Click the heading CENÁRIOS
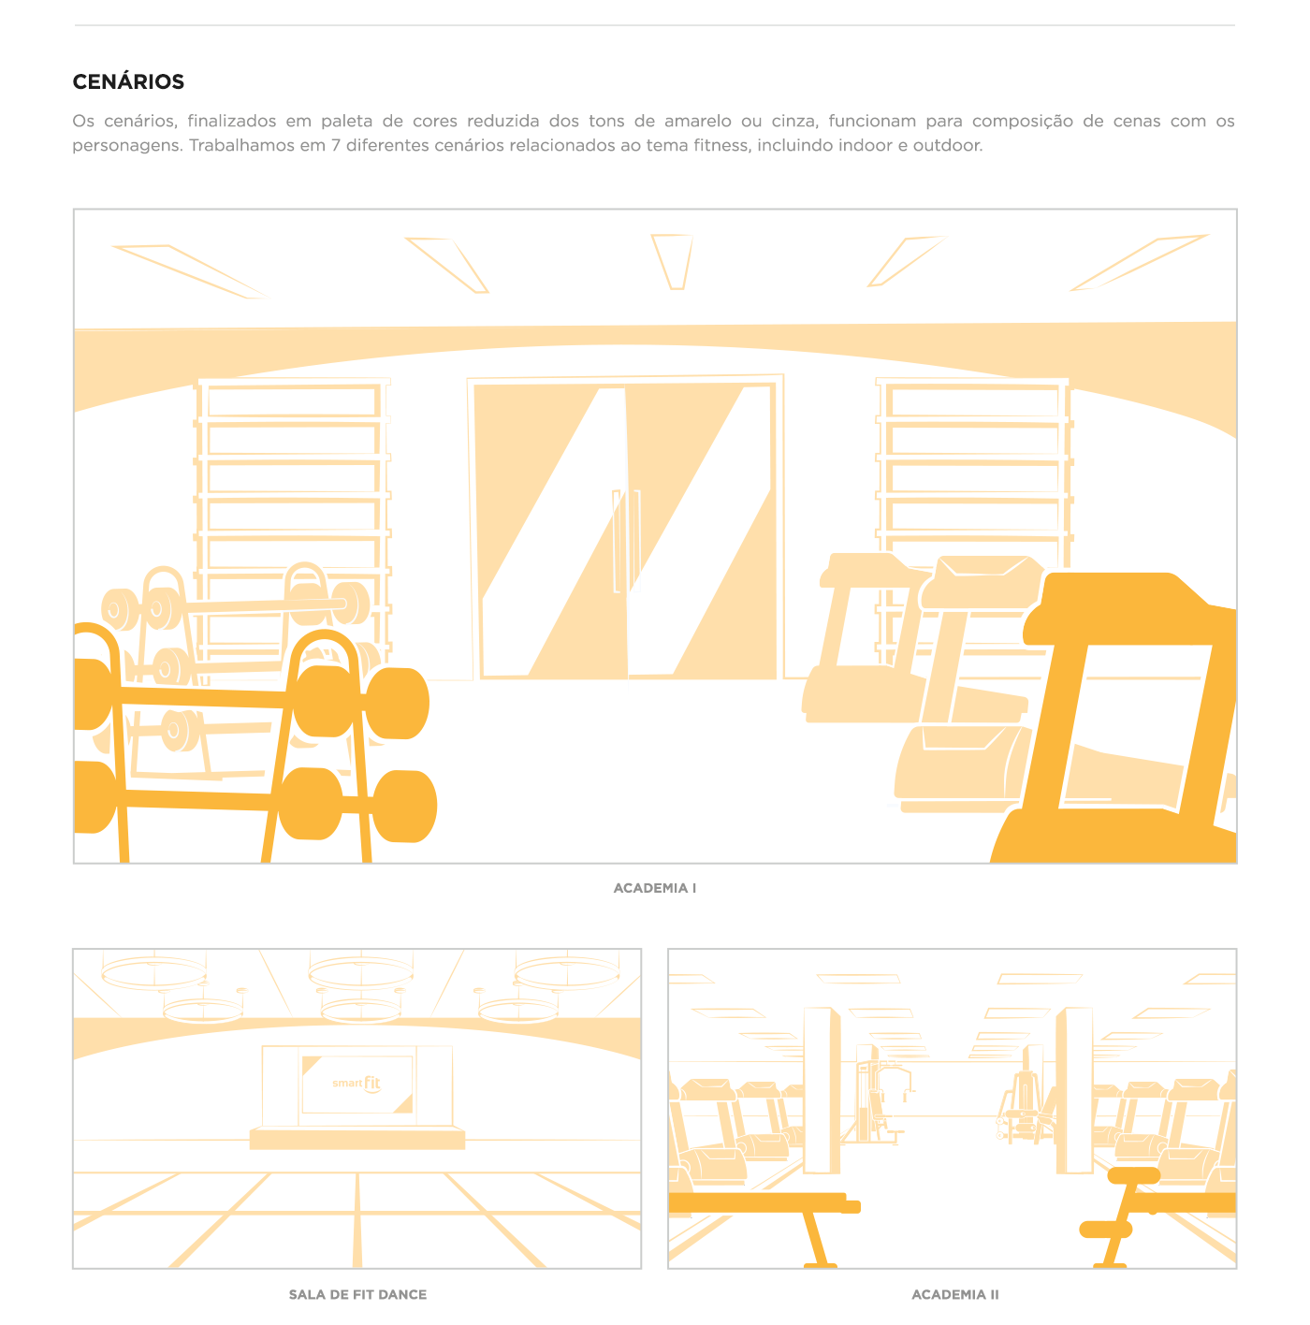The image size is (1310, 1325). [x=128, y=82]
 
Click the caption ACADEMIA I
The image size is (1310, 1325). [x=654, y=888]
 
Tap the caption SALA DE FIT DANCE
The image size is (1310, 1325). [x=357, y=1294]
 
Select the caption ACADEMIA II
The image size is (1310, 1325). [x=954, y=1294]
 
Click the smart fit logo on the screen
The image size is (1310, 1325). [x=357, y=1084]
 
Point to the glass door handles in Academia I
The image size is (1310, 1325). [x=626, y=541]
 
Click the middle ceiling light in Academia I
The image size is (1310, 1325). [x=672, y=261]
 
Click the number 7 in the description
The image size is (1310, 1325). [x=335, y=146]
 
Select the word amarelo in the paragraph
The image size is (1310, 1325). [x=697, y=122]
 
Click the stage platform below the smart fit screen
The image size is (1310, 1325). [x=357, y=1139]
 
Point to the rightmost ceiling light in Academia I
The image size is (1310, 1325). [x=1141, y=261]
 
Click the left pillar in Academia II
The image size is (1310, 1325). [x=821, y=1090]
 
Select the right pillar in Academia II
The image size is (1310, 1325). [x=1073, y=1090]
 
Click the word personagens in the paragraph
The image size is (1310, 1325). [x=126, y=146]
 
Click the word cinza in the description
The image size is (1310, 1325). [x=794, y=122]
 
